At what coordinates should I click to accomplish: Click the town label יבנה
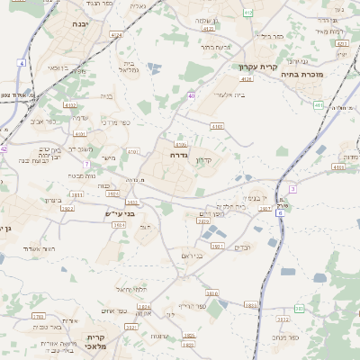click(78, 23)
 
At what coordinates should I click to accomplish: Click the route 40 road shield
click(192, 95)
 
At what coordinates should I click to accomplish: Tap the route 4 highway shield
click(21, 64)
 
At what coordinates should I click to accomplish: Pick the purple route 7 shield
click(85, 165)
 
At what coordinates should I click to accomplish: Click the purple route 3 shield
click(292, 189)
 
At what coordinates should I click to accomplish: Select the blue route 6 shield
click(280, 213)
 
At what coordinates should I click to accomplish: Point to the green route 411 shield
click(318, 105)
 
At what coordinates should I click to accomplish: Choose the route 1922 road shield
click(67, 208)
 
